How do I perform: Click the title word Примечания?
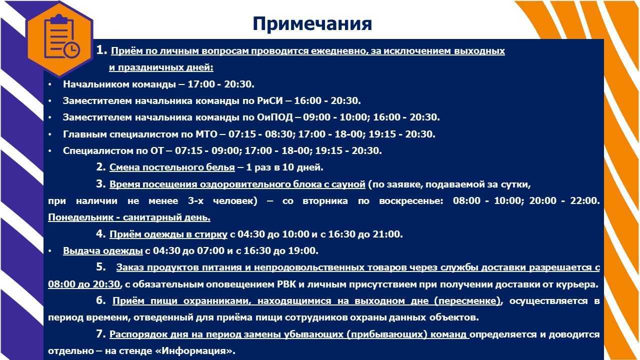tap(312, 24)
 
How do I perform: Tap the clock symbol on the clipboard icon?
tap(71, 50)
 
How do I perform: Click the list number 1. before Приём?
tap(101, 50)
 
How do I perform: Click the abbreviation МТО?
tap(206, 134)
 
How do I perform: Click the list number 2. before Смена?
tap(101, 167)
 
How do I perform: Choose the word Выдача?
tap(81, 251)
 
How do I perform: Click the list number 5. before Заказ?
tap(101, 267)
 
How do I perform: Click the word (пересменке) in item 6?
tap(467, 301)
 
